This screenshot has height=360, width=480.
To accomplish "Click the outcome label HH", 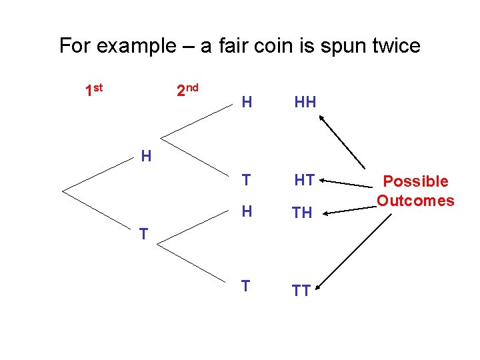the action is tap(305, 102).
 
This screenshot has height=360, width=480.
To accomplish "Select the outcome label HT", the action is tap(305, 180).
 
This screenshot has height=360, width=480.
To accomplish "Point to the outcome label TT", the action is tap(301, 291).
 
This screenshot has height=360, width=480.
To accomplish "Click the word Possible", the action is tap(415, 181).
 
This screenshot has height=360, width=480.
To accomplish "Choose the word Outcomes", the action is tap(415, 200).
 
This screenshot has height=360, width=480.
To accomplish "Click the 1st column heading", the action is tap(95, 90).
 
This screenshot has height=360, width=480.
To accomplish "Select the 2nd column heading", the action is tap(187, 90).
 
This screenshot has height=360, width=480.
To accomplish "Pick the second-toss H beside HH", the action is tap(247, 102).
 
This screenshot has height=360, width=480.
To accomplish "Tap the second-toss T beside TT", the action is tap(246, 286).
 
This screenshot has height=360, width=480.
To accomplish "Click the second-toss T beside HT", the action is tap(247, 180).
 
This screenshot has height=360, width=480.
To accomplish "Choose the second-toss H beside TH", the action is tap(247, 211).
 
